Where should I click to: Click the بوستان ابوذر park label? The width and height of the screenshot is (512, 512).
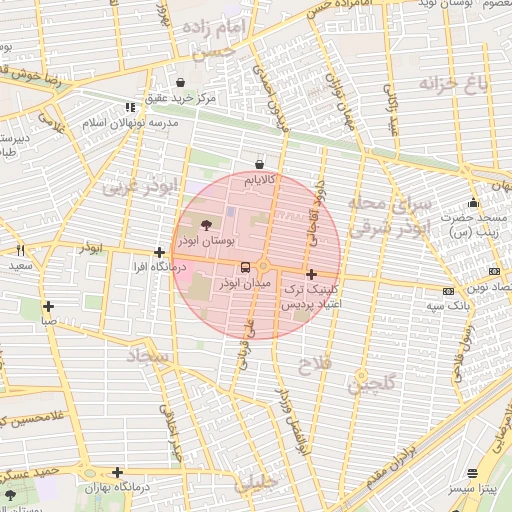click(x=206, y=242)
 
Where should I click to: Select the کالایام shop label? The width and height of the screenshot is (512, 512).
click(x=259, y=181)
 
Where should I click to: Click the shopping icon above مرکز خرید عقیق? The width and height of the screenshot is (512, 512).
click(x=179, y=82)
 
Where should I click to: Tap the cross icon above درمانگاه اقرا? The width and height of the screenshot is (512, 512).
click(x=159, y=253)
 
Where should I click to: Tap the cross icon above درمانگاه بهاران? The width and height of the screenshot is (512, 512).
click(x=118, y=472)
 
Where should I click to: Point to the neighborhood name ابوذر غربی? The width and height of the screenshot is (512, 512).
click(x=145, y=186)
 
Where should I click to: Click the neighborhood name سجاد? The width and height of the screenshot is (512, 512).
click(x=151, y=354)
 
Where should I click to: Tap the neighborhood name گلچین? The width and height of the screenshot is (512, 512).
click(x=373, y=382)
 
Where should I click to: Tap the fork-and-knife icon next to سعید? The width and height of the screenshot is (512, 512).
click(x=19, y=251)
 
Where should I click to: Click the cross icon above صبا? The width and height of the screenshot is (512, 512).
click(x=44, y=306)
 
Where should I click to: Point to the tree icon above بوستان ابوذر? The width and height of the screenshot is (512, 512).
click(x=206, y=226)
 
